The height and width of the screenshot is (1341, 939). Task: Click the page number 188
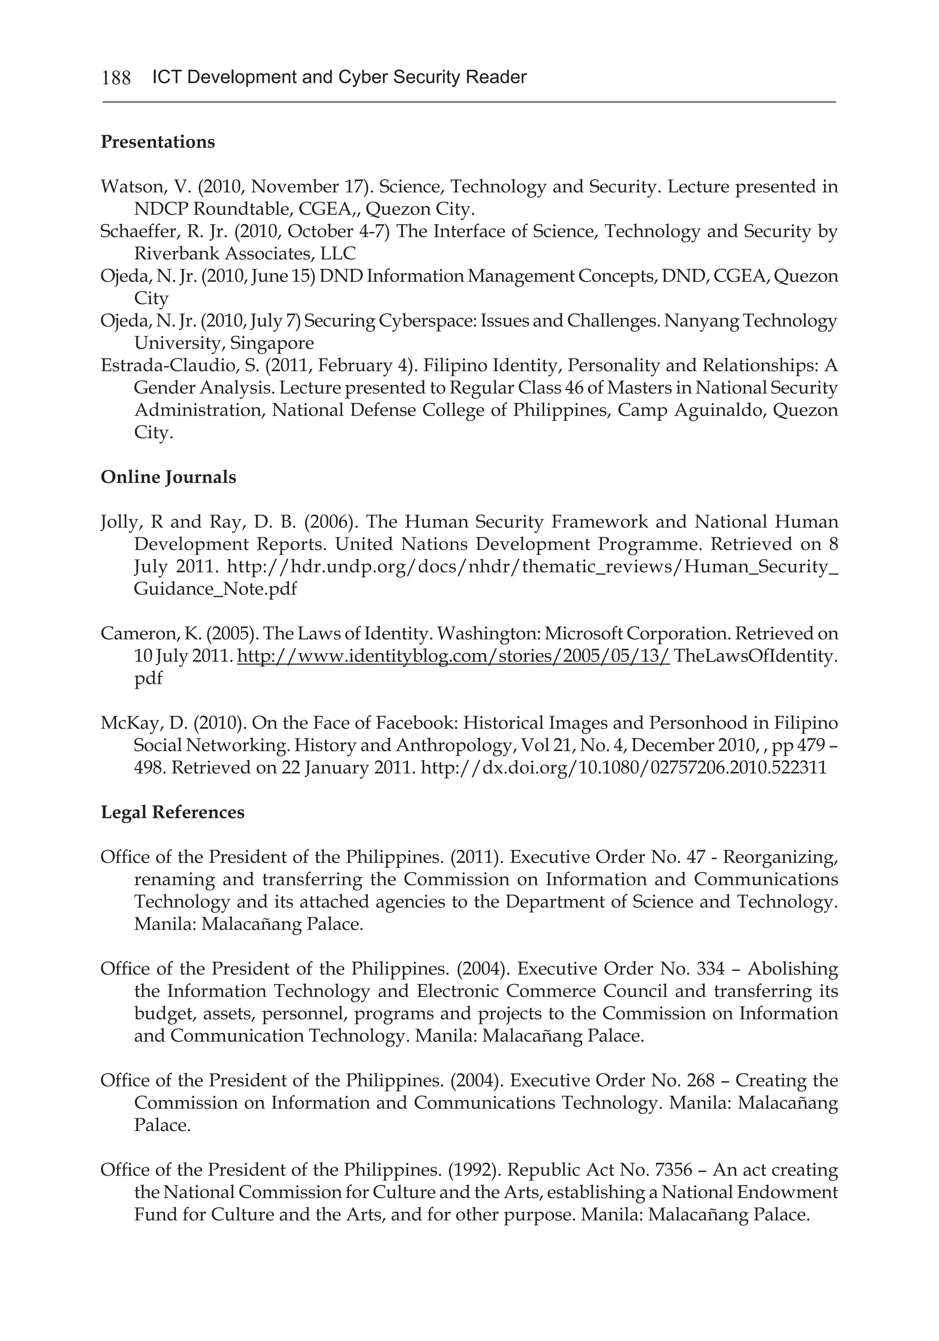[116, 77]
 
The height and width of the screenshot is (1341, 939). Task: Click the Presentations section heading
[158, 142]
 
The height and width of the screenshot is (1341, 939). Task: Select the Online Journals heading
[168, 477]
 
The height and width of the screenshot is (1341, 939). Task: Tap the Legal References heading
[172, 813]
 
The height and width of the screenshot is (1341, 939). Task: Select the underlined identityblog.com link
[453, 656]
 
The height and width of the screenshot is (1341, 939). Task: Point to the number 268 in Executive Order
[701, 1081]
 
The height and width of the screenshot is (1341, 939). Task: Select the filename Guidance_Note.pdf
[215, 589]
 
